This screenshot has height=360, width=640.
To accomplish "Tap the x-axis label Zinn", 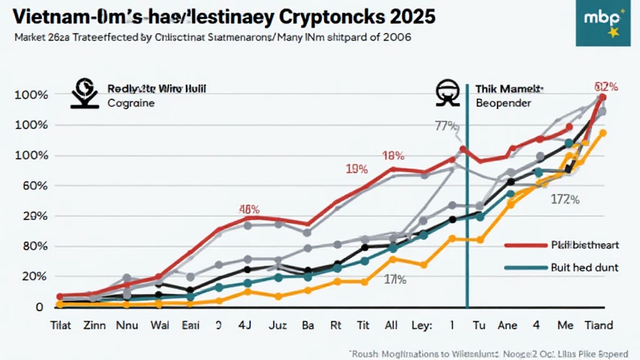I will [x=95, y=325].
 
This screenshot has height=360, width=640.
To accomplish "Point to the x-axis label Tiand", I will [x=597, y=325].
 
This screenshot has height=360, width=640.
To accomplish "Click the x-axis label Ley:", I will [x=422, y=325].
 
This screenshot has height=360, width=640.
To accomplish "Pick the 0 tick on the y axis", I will [x=39, y=307].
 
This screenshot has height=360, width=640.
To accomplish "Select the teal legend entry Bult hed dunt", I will [x=584, y=267].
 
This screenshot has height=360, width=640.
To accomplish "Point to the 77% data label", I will [x=445, y=125].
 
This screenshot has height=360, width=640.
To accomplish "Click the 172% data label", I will [x=566, y=200].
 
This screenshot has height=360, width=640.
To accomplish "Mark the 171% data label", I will [x=395, y=280].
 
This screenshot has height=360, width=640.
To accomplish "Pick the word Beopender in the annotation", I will [x=503, y=102].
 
